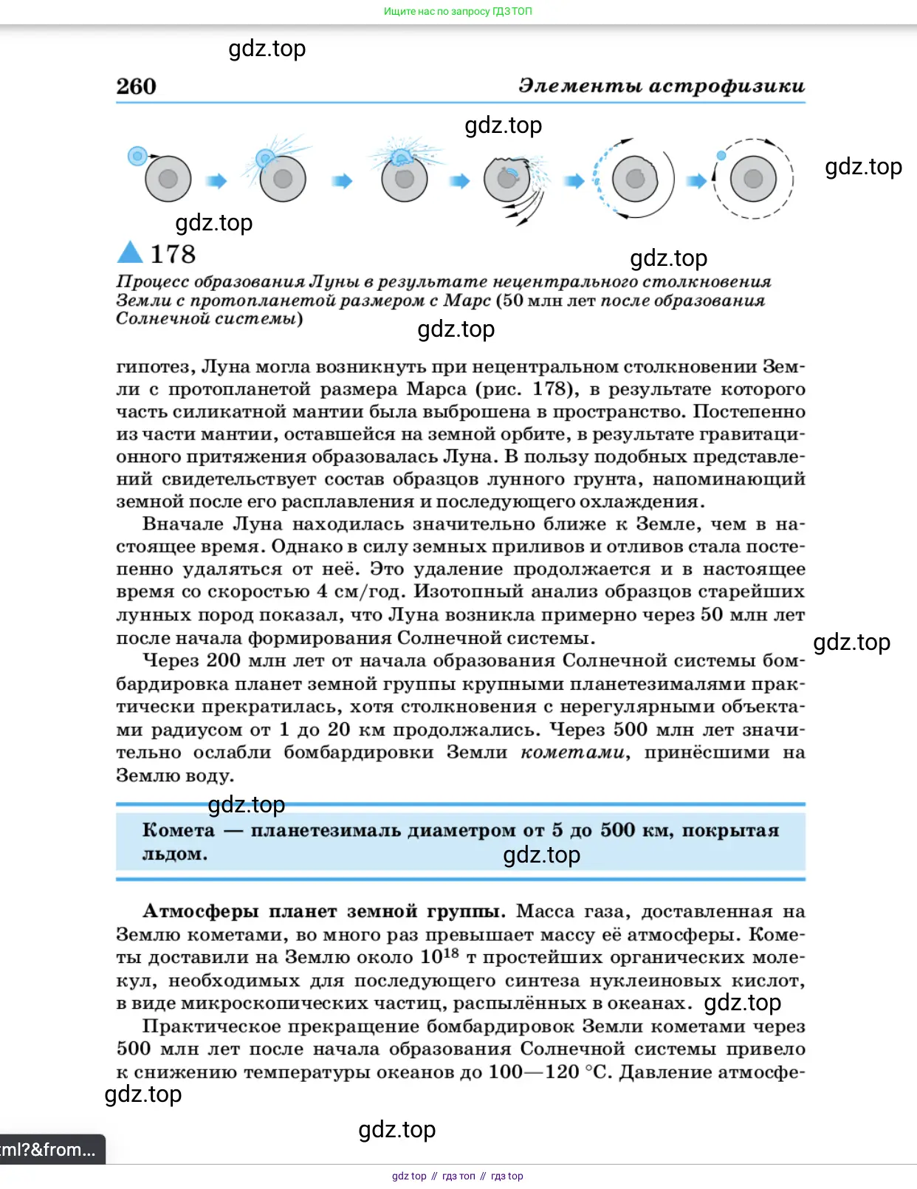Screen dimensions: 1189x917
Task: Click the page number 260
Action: point(136,86)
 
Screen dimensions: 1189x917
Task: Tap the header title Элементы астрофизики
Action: point(661,86)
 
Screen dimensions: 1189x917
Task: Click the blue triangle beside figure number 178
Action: point(130,253)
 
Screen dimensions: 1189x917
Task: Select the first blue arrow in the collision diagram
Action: point(216,181)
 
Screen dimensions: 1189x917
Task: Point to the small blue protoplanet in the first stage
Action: point(137,156)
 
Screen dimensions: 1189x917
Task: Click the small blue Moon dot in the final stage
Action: point(721,155)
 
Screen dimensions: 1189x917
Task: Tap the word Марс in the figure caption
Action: point(467,301)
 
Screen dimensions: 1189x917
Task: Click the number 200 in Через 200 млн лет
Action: point(223,660)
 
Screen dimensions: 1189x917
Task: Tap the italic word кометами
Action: point(572,753)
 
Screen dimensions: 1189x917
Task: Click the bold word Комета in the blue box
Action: point(178,830)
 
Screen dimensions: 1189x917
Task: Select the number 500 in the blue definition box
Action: point(617,830)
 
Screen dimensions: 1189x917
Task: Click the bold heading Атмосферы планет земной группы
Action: point(323,911)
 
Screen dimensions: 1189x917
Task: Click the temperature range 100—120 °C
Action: point(550,1072)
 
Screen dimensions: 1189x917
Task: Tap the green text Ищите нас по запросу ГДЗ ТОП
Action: point(458,11)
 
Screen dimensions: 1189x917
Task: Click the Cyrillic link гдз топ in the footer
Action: point(458,1176)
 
